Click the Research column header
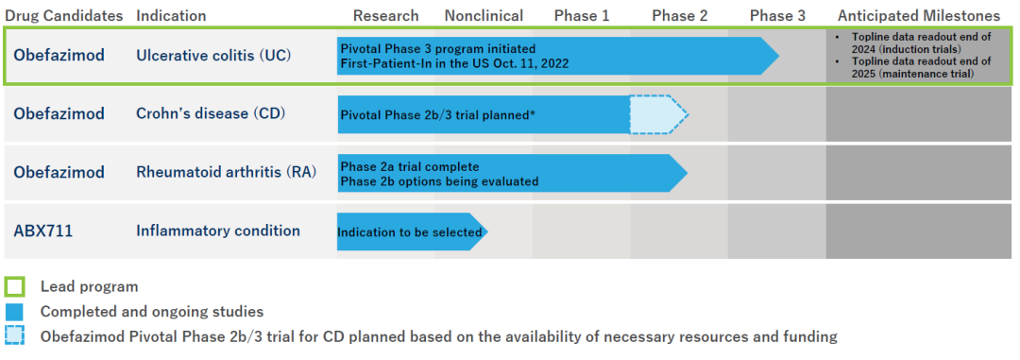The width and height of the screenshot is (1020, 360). tap(385, 16)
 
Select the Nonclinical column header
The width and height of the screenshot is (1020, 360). tap(484, 16)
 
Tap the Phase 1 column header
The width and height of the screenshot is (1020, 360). tap(582, 16)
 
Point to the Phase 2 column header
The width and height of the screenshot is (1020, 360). tap(680, 16)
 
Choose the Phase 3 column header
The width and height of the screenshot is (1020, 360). tap(777, 16)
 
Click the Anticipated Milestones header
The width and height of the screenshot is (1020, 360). tap(919, 16)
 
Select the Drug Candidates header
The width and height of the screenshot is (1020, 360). tap(64, 16)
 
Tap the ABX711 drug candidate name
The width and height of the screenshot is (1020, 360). tap(42, 231)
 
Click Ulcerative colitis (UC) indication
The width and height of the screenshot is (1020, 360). tap(213, 56)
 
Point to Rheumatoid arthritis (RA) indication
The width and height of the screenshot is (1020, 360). tap(226, 173)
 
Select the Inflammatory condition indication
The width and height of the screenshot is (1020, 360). tap(218, 231)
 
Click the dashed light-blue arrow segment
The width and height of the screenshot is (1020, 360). tap(658, 114)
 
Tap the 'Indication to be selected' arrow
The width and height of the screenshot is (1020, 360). tap(412, 231)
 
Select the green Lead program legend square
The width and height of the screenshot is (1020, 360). tap(14, 286)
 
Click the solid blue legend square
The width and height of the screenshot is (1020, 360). tap(14, 312)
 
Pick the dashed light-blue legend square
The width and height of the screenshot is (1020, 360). tap(14, 336)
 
